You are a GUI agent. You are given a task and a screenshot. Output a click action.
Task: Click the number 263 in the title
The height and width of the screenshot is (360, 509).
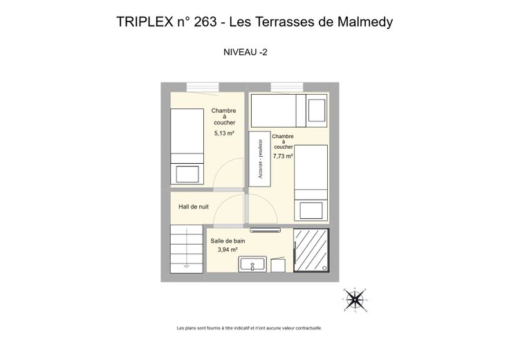pos(205,22)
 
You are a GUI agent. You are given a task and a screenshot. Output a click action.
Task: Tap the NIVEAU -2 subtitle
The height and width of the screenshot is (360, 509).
pos(246,53)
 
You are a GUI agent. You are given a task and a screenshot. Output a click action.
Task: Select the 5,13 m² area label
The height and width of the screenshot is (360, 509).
pos(224,133)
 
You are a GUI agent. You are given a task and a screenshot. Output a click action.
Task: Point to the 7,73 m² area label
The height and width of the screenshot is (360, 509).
pos(283,156)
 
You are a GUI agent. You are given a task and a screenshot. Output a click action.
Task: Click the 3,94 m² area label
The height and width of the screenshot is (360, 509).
pos(228,249)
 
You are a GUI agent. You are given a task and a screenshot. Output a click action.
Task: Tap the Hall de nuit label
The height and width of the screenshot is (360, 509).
pos(194,207)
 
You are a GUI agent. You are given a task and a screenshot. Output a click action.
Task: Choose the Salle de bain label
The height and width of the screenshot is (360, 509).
pos(228,241)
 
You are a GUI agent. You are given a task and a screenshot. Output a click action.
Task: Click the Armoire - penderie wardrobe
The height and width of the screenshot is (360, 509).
pos(260,159)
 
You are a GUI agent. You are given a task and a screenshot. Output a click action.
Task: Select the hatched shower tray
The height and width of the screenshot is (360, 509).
pos(311,250)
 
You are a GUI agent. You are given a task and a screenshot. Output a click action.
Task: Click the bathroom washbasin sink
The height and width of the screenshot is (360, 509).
pos(252,265)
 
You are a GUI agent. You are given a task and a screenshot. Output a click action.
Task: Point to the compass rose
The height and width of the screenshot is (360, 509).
pos(355,300)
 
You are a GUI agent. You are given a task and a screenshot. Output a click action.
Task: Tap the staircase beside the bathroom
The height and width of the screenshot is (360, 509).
pos(187,249)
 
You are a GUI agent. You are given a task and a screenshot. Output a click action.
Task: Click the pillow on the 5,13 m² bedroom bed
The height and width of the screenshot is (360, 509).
pos(187,174)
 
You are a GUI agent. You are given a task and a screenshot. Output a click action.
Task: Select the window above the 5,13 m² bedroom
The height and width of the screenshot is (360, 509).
pos(203,87)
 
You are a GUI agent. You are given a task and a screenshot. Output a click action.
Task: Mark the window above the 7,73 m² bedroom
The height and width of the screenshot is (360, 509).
pos(287,87)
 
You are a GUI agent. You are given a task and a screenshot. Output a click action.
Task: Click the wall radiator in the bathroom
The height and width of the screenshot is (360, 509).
pos(265,230)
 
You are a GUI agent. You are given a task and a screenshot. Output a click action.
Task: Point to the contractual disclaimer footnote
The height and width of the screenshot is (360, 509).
pos(249,328)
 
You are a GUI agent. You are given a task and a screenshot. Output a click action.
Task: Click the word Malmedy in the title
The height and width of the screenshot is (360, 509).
pos(365,22)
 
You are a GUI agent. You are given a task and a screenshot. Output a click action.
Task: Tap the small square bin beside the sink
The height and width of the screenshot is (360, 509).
pos(278,265)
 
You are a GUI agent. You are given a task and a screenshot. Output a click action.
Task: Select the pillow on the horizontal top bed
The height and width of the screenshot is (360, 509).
pos(317,111)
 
